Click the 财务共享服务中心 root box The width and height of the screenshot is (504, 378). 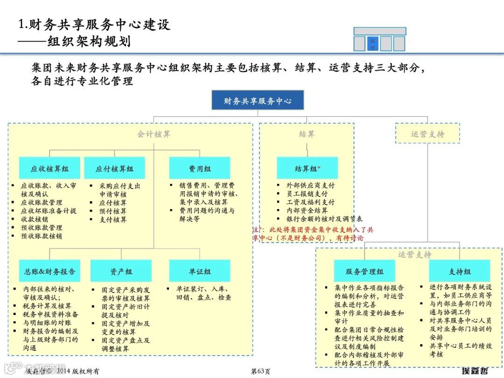pos(258,100)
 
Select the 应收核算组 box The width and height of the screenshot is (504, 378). pos(50,168)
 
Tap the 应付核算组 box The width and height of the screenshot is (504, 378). pos(114,168)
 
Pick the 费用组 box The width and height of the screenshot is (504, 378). pos(200,168)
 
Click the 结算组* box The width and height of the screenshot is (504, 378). pos(307,168)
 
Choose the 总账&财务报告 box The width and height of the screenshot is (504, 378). pos(50,271)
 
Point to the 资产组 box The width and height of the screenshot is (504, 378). pos(121,271)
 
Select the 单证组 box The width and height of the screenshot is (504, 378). pos(200,271)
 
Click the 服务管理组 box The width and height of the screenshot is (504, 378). pos(364,271)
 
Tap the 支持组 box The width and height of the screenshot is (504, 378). pos(460,271)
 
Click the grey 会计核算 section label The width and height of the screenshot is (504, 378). pos(154,134)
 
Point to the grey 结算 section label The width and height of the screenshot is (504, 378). pos(307,134)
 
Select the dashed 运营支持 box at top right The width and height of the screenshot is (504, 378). pos(427,133)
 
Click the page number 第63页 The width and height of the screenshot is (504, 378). pos(260,371)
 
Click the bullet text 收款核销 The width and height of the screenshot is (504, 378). pos(35,219)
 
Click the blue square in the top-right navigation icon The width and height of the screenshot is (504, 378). pos(373,43)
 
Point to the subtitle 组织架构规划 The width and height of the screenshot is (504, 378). pos(89,42)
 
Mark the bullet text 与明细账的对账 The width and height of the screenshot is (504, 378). pos(47,322)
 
